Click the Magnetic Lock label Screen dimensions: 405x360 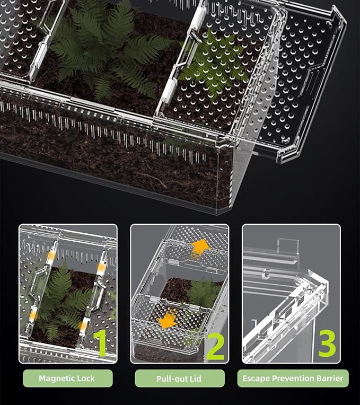pyautogui.click(x=68, y=378)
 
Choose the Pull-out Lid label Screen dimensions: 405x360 pyautogui.click(x=179, y=378)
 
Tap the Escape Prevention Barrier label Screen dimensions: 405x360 pyautogui.click(x=293, y=378)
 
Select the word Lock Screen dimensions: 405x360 pyautogui.click(x=87, y=378)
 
